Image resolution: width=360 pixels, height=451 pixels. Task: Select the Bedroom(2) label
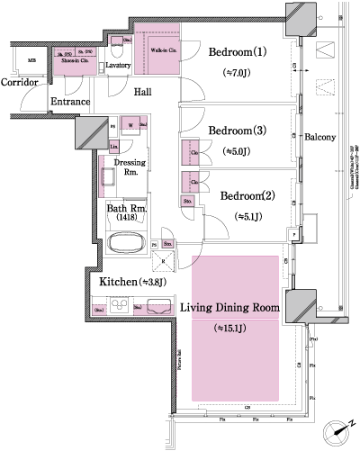239,195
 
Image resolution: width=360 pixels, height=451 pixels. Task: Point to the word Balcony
319,138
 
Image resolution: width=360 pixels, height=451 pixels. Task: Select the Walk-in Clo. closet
163,52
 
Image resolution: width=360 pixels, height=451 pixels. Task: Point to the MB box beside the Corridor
31,62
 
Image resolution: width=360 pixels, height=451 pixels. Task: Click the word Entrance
69,102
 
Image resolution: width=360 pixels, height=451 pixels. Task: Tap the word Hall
142,92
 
